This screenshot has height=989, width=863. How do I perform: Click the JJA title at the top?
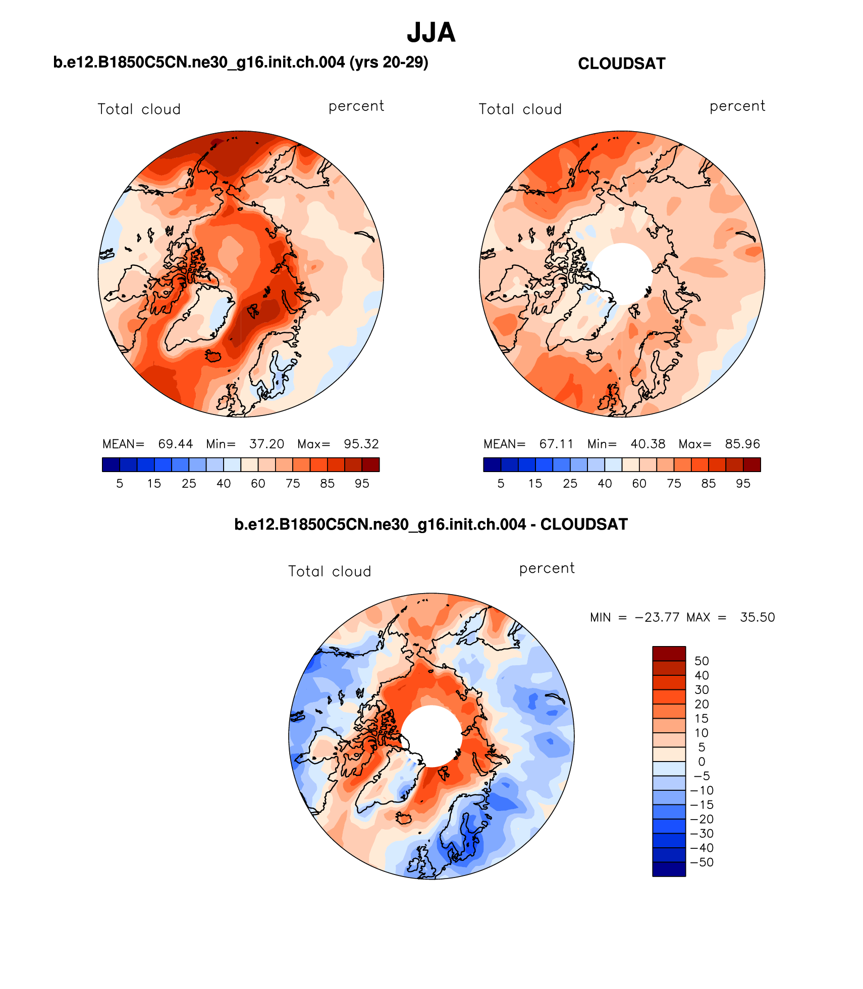431,33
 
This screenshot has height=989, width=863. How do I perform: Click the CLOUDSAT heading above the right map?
621,64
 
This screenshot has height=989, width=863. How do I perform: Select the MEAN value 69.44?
175,444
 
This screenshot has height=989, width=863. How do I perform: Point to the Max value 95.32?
361,444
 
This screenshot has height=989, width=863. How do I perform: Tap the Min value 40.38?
648,444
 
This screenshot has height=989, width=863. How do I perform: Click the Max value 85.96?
742,444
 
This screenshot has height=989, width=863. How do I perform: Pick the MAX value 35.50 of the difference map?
757,617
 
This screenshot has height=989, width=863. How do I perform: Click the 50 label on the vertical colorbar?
702,661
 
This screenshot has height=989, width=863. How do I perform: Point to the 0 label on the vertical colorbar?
702,762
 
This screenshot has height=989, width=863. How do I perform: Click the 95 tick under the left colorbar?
362,484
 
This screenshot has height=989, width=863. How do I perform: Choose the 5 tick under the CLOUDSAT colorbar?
501,484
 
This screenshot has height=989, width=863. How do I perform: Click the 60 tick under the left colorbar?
258,484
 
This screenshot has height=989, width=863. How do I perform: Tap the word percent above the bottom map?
547,568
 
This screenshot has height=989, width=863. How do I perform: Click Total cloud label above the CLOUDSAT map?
520,109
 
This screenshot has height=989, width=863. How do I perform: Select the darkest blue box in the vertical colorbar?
669,869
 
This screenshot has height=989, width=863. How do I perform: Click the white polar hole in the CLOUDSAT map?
622,273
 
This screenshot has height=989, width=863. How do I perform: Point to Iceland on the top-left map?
213,356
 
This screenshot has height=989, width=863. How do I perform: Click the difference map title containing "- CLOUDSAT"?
431,525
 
